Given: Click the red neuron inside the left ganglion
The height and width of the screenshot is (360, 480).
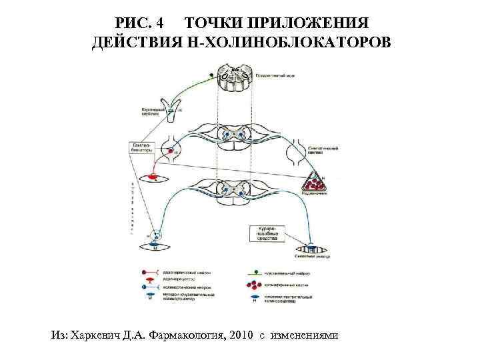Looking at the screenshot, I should tap(171, 153).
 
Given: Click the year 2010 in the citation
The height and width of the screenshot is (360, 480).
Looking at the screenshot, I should tap(240, 334).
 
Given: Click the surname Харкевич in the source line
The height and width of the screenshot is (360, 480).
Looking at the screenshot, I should tap(96, 334).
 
